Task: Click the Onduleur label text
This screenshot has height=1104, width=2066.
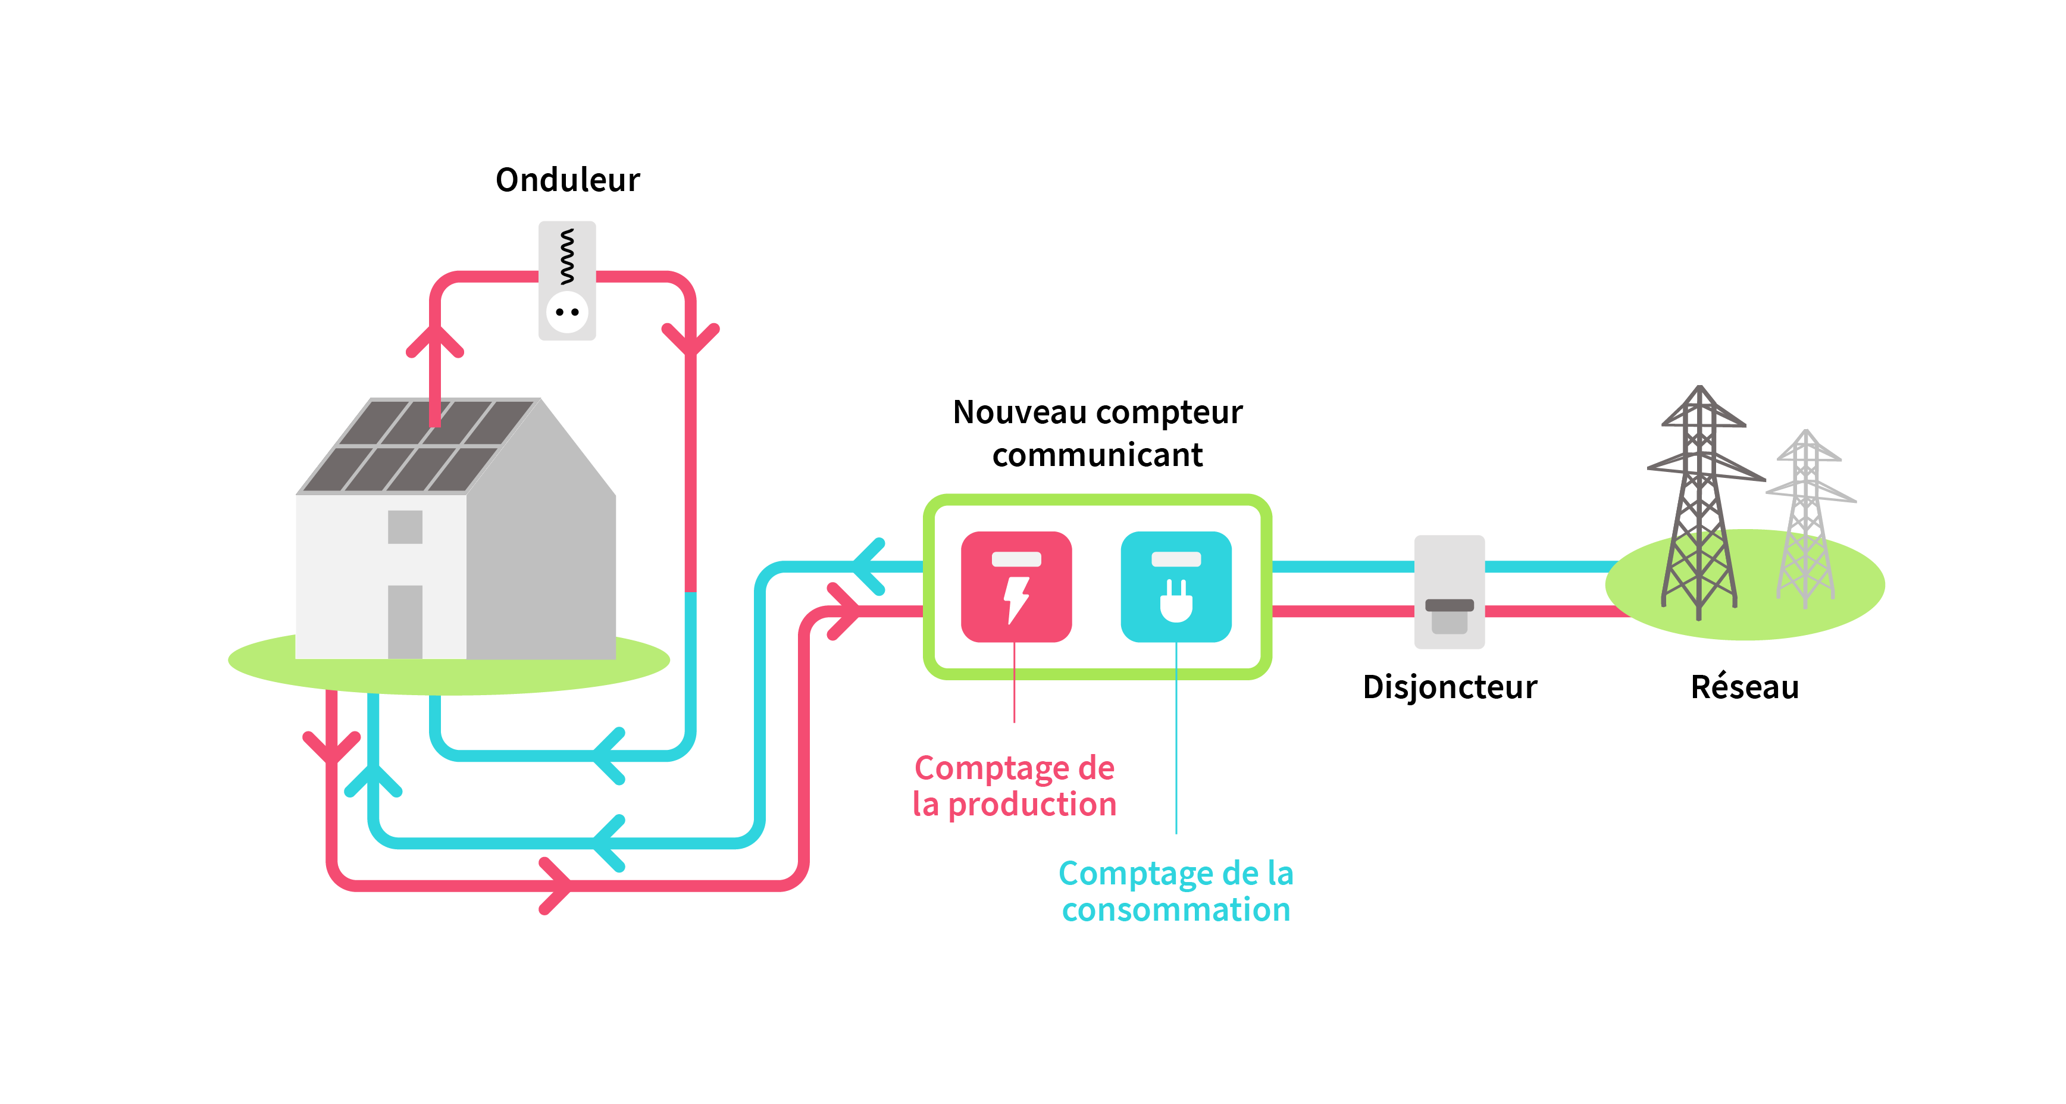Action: pyautogui.click(x=568, y=180)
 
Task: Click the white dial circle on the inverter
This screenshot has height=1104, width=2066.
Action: pyautogui.click(x=567, y=312)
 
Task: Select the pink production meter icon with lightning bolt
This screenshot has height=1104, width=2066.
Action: pyautogui.click(x=1016, y=586)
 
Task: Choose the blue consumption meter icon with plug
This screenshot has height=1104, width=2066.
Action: pyautogui.click(x=1176, y=586)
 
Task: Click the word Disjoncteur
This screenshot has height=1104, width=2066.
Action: pyautogui.click(x=1450, y=687)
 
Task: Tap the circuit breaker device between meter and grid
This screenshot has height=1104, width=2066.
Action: pyautogui.click(x=1450, y=592)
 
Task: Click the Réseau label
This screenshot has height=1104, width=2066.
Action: pyautogui.click(x=1745, y=687)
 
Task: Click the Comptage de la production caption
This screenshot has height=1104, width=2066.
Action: pyautogui.click(x=1015, y=786)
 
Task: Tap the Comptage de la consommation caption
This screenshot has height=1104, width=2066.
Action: pyautogui.click(x=1176, y=892)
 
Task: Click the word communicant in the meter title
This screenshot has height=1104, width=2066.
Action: pyautogui.click(x=1097, y=455)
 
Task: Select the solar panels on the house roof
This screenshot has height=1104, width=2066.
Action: pyautogui.click(x=417, y=445)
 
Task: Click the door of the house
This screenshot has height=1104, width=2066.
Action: pyautogui.click(x=405, y=622)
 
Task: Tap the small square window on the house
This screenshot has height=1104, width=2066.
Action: pyautogui.click(x=405, y=527)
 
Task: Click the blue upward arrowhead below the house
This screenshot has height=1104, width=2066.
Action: pyautogui.click(x=373, y=779)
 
